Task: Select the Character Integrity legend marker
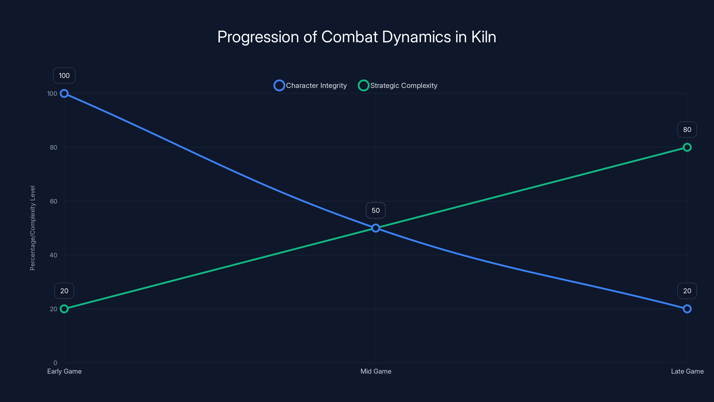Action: click(279, 86)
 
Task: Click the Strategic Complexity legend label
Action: click(404, 86)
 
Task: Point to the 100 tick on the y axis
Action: click(52, 94)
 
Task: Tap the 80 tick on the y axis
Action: click(54, 147)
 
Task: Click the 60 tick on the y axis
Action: click(54, 201)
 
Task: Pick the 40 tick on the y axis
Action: click(54, 255)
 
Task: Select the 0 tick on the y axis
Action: click(55, 363)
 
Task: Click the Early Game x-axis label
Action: click(64, 371)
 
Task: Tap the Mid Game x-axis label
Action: click(376, 371)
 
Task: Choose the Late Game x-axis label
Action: click(687, 371)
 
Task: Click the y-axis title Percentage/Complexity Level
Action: click(33, 228)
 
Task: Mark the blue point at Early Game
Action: click(64, 94)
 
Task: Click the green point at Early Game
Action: click(64, 309)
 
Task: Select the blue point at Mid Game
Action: click(376, 228)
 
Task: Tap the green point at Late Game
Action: click(687, 147)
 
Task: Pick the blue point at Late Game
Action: click(687, 309)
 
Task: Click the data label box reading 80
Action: click(687, 130)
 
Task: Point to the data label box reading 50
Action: click(376, 210)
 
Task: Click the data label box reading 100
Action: click(64, 75)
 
